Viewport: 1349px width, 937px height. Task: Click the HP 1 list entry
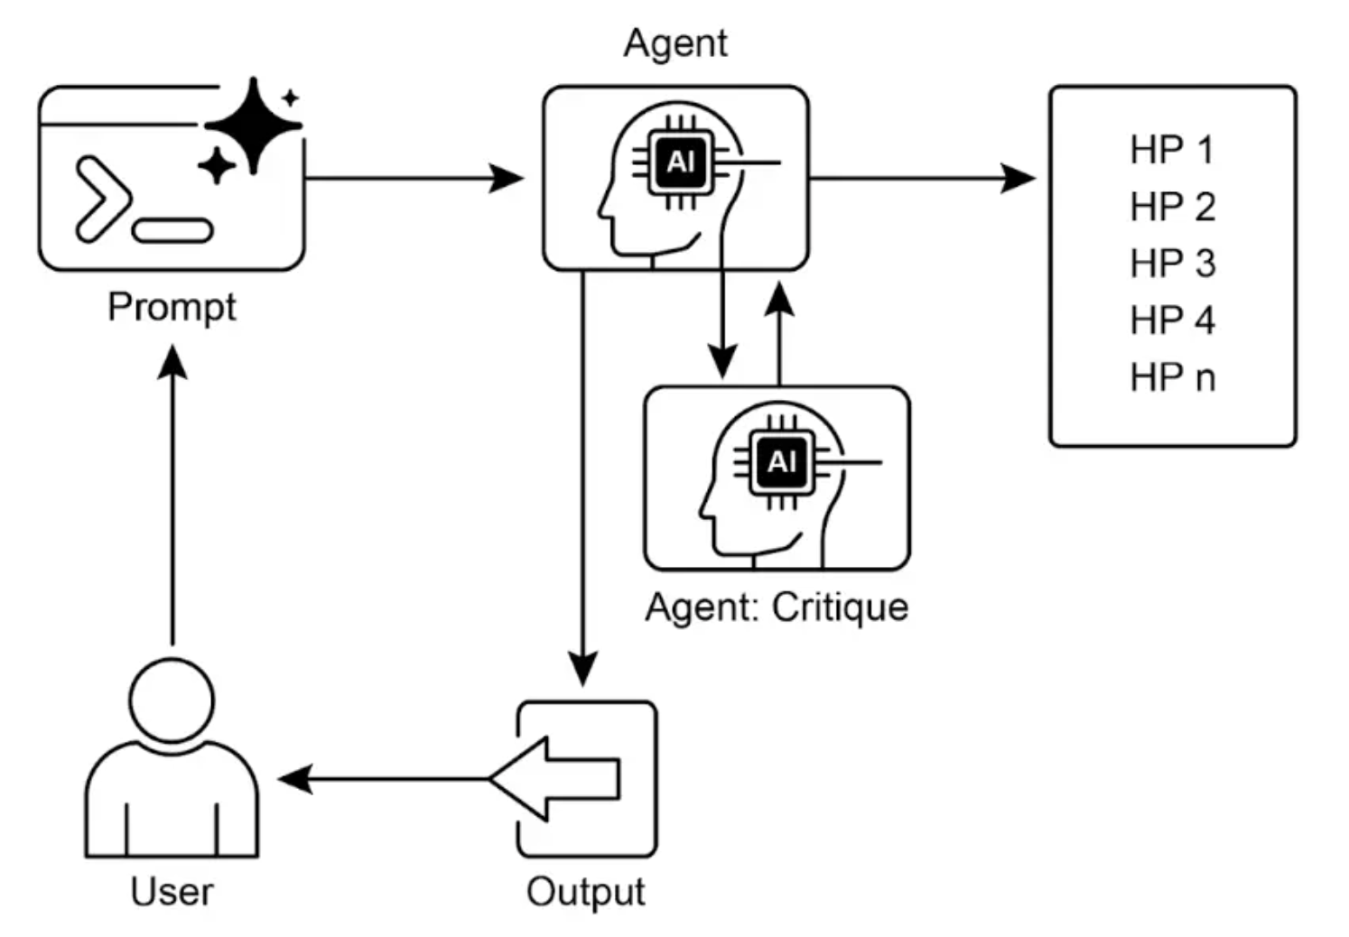tap(1171, 150)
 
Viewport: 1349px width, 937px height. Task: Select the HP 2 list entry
tap(1171, 207)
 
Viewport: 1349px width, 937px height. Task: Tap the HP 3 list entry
tap(1171, 264)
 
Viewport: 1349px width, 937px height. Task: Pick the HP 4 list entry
tap(1171, 320)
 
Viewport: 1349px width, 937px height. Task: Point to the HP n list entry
tap(1171, 377)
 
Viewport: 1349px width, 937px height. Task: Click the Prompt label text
tap(172, 307)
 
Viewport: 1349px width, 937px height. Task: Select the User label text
tap(172, 891)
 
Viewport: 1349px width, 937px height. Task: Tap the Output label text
tap(585, 891)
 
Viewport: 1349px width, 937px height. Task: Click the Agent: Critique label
tap(777, 607)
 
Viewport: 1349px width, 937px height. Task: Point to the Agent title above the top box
tap(675, 42)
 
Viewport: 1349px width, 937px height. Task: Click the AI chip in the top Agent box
tap(681, 162)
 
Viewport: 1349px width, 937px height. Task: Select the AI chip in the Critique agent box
tap(782, 462)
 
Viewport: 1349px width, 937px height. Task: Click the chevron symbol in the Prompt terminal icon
tap(101, 199)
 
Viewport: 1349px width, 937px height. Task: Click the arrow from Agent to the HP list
tap(921, 178)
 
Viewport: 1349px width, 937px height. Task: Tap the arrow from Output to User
tap(384, 778)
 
